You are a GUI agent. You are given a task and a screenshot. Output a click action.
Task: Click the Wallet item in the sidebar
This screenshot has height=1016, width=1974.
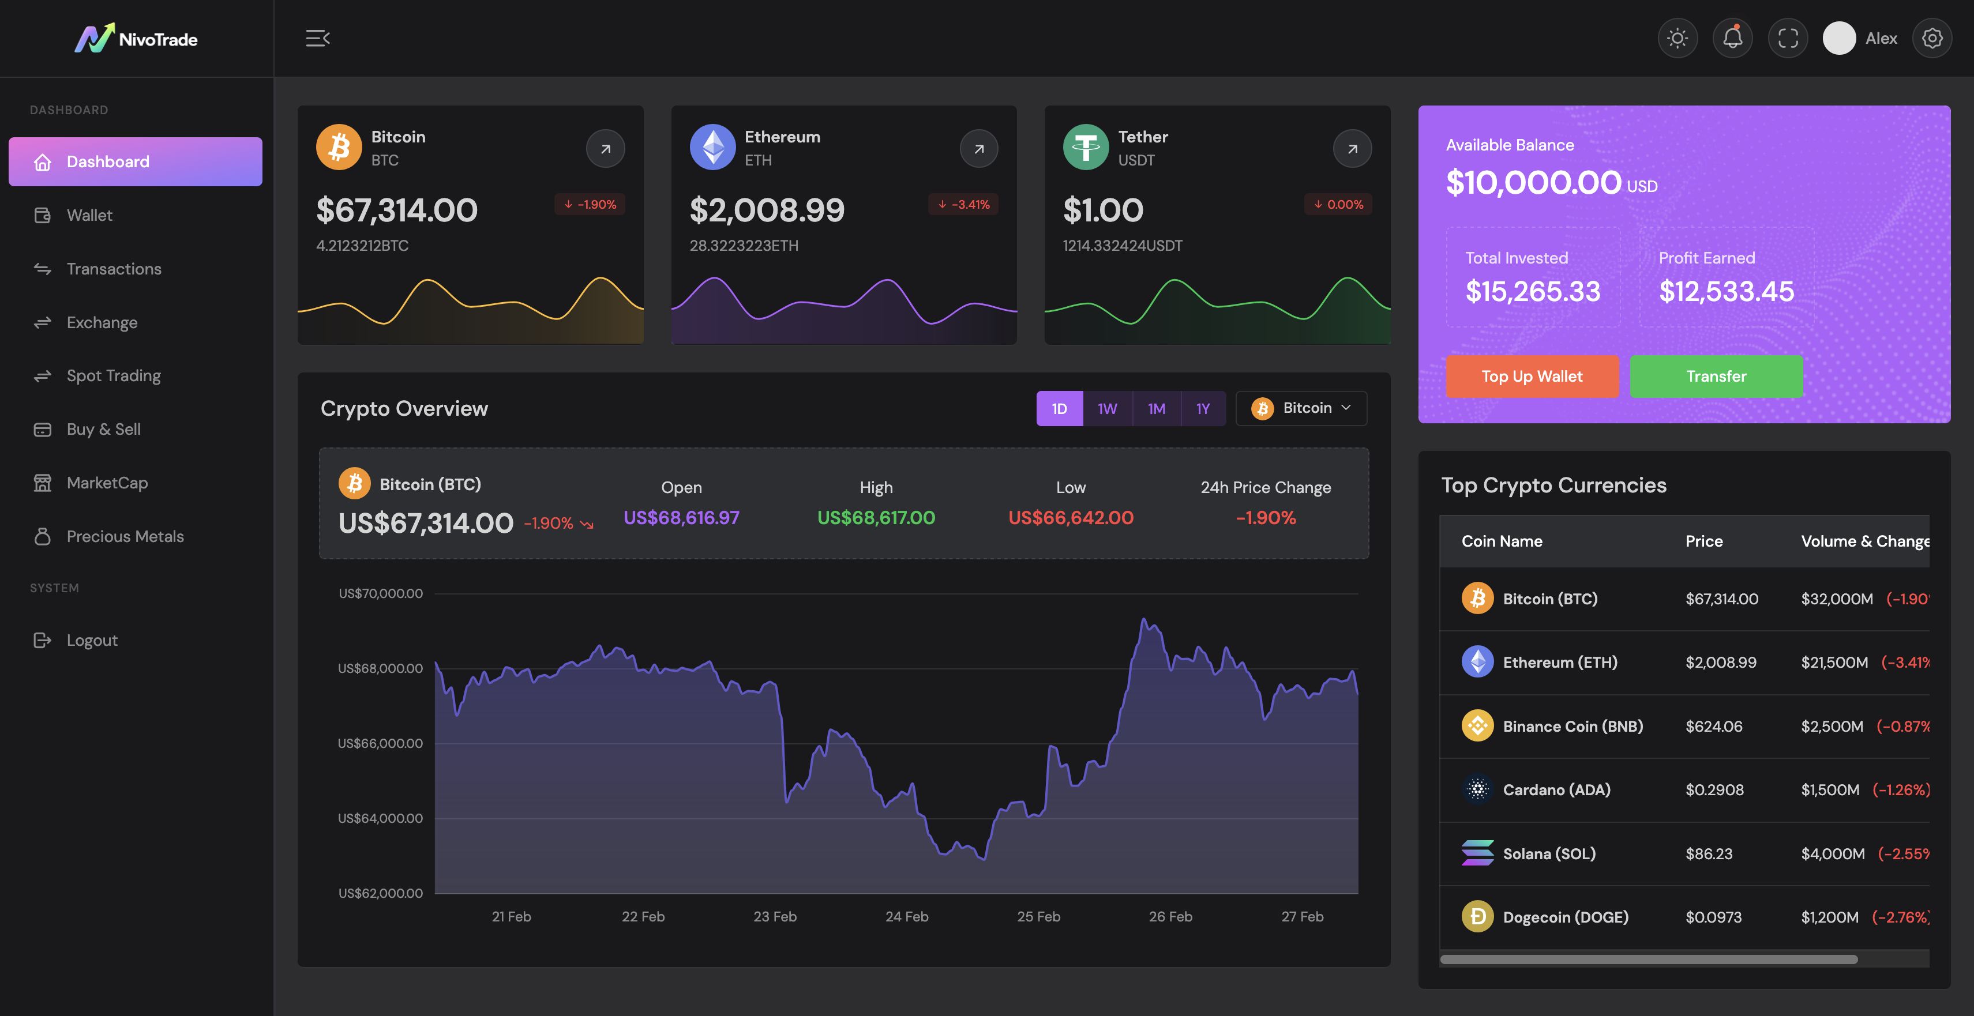tap(89, 215)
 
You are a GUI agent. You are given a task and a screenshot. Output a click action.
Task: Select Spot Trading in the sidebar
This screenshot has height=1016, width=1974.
tap(114, 375)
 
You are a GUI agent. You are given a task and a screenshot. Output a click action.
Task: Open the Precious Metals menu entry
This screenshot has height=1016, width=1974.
tap(125, 536)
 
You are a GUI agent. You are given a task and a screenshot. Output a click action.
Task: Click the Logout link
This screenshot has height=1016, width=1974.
tap(91, 640)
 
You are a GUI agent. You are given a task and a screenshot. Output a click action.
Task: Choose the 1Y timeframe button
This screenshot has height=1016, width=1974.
tap(1202, 408)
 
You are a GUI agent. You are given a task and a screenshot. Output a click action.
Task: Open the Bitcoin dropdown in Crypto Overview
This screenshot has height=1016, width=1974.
tap(1301, 408)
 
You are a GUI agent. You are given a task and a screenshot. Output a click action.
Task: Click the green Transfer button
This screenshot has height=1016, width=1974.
tap(1716, 376)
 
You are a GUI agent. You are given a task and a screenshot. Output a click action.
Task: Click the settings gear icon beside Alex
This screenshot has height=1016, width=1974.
tap(1931, 38)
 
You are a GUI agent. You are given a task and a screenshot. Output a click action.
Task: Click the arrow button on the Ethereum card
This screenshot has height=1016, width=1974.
tap(978, 149)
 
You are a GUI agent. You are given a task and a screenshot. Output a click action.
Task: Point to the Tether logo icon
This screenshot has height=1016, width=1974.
tap(1085, 147)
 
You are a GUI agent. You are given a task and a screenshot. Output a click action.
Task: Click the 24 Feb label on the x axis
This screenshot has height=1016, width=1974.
tap(907, 916)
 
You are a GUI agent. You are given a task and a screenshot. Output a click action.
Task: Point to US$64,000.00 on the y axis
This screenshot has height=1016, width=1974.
tap(380, 818)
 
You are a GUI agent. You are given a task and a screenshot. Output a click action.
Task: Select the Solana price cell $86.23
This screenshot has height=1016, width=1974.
tap(1708, 853)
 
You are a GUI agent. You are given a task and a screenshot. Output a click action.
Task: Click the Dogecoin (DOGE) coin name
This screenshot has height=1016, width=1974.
tap(1565, 917)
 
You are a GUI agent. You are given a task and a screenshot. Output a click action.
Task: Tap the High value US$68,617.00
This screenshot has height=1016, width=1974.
tap(876, 518)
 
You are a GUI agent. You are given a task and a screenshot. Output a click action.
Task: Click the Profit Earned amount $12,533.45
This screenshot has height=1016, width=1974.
tap(1726, 291)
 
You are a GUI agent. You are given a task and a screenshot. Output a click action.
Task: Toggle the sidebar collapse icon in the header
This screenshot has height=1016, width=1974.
tap(317, 38)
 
